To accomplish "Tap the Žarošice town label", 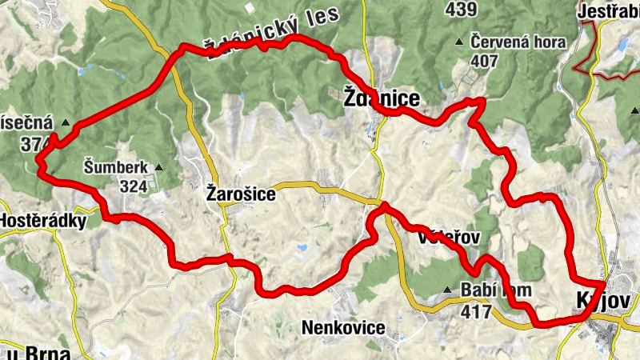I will (x=241, y=194).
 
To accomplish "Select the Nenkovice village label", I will (x=343, y=327).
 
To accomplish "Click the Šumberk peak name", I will (x=116, y=167).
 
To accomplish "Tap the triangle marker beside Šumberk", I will (x=158, y=167).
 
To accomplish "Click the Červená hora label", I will (x=518, y=42).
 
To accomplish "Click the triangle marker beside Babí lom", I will (x=447, y=290).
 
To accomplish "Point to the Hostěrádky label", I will (x=42, y=221).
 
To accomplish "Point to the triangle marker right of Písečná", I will (x=66, y=123).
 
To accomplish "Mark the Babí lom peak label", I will (x=491, y=290).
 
